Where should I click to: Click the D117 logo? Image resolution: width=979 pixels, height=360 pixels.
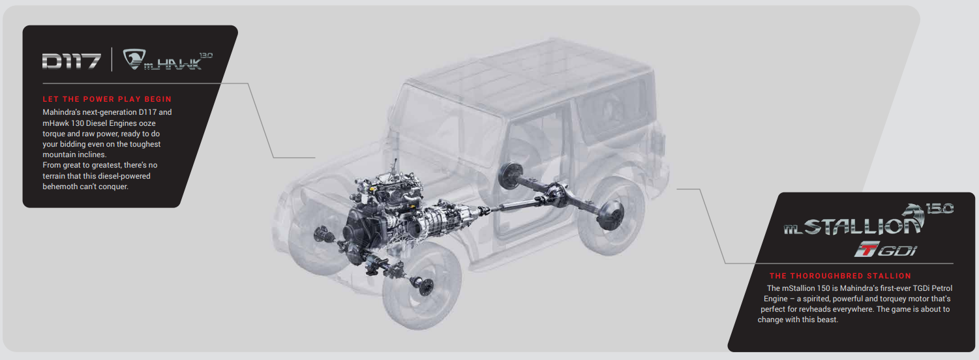pyautogui.click(x=71, y=61)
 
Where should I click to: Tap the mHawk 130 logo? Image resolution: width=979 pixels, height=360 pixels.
pyautogui.click(x=168, y=60)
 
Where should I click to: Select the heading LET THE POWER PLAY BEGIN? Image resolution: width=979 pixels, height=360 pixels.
pyautogui.click(x=107, y=99)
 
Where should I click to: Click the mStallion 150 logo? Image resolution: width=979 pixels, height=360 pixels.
pyautogui.click(x=868, y=220)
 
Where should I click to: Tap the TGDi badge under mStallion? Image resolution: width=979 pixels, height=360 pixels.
pyautogui.click(x=886, y=249)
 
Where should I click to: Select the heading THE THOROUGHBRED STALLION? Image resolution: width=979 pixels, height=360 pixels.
pyautogui.click(x=840, y=276)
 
